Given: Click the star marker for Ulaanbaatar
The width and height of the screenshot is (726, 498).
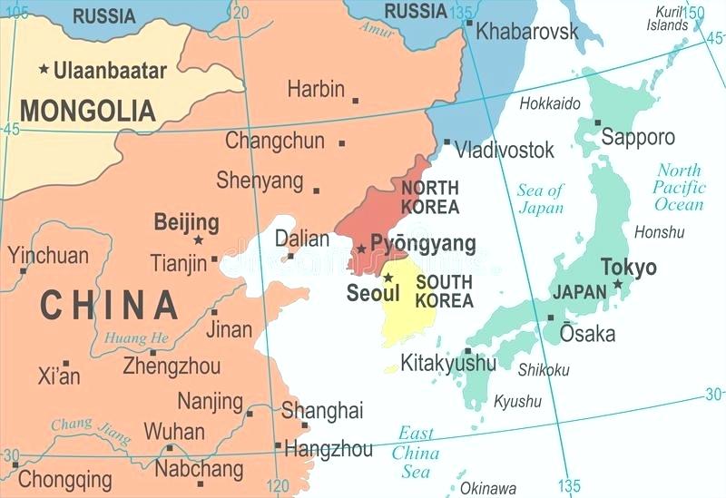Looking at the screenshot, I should pyautogui.click(x=43, y=70).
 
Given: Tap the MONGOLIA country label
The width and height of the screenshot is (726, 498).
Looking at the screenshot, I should pyautogui.click(x=88, y=111).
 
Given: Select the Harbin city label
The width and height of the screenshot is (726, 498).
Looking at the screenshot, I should pyautogui.click(x=316, y=89).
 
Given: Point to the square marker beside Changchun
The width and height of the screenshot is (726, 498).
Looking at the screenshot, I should pyautogui.click(x=342, y=142).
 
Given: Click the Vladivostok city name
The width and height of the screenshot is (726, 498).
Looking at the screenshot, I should pyautogui.click(x=504, y=150).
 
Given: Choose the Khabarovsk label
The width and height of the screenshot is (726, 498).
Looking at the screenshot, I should pyautogui.click(x=526, y=32).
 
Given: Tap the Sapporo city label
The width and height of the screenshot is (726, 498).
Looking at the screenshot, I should pyautogui.click(x=639, y=137).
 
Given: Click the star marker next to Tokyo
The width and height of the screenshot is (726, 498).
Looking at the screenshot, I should pyautogui.click(x=618, y=284).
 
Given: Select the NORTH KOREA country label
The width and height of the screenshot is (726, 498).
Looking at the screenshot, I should pyautogui.click(x=430, y=197).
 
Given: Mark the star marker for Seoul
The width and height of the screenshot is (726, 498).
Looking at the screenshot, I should pyautogui.click(x=388, y=278).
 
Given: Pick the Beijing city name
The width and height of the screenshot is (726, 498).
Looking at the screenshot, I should pyautogui.click(x=186, y=222).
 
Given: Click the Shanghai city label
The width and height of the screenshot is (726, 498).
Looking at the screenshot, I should pyautogui.click(x=322, y=410).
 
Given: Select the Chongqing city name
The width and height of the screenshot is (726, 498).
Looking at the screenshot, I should pyautogui.click(x=65, y=478).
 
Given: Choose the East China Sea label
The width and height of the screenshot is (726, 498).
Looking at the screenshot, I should pyautogui.click(x=417, y=452).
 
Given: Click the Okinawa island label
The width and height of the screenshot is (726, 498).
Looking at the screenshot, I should pyautogui.click(x=487, y=488).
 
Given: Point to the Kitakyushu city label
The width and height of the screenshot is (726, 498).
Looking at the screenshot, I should pyautogui.click(x=448, y=363).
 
